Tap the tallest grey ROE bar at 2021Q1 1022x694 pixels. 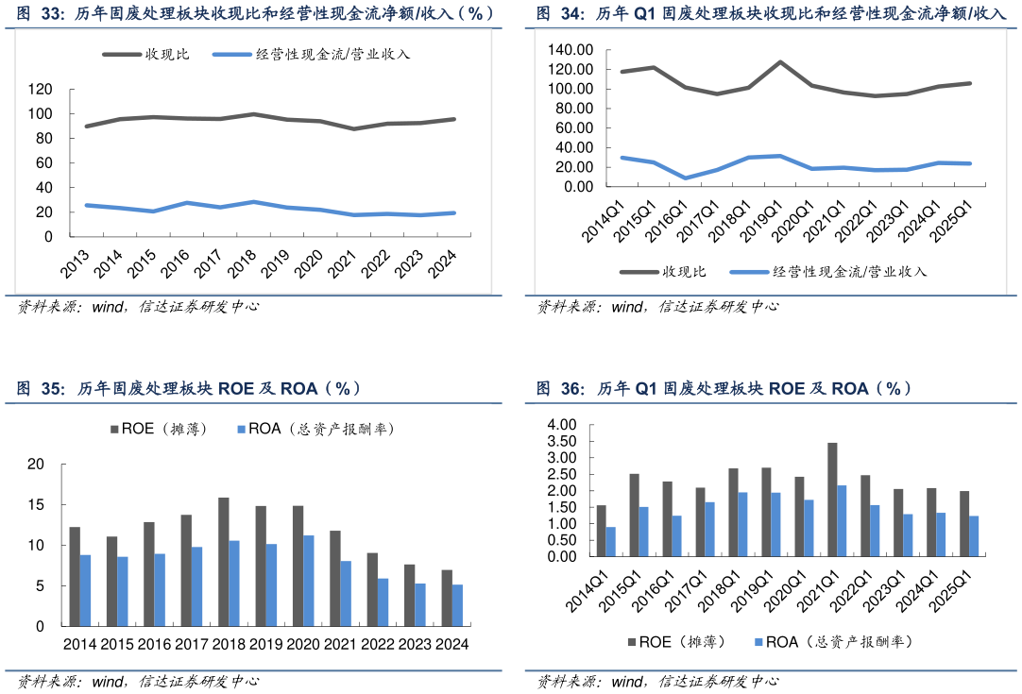[832, 499]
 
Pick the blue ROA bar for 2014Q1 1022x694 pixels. [611, 542]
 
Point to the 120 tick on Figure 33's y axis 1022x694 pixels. [40, 89]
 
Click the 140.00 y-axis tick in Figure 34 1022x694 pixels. [571, 49]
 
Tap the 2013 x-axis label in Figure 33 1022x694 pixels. [79, 262]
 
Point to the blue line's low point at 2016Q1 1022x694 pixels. [686, 178]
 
